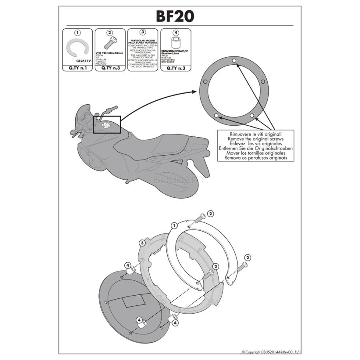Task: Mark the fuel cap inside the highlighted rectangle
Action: [107, 125]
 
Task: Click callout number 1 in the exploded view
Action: [174, 226]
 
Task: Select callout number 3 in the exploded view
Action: [142, 243]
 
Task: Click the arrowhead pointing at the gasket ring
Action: [196, 92]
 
